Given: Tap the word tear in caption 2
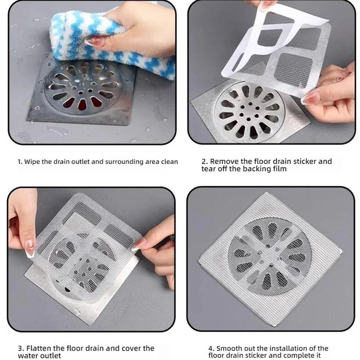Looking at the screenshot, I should [209, 169].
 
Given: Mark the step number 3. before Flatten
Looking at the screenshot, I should [21, 348].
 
